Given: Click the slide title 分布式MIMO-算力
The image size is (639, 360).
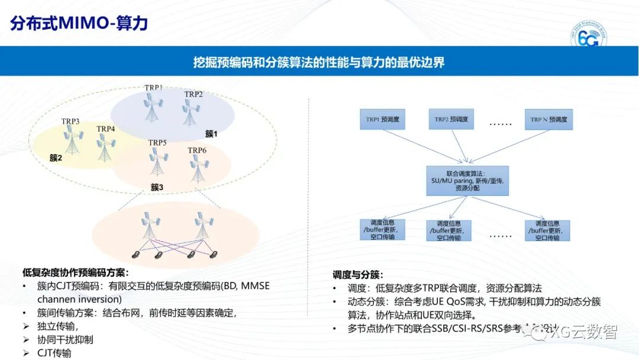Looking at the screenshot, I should point(79,23).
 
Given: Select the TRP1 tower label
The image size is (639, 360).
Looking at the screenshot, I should point(153,88).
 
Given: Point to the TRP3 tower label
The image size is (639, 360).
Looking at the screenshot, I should point(70,121).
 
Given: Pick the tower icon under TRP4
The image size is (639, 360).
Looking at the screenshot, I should point(105,147).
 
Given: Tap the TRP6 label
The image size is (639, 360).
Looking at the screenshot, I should point(197,150).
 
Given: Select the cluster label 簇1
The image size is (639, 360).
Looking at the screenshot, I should point(211,134).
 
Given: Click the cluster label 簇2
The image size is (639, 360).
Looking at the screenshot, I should point(56,158).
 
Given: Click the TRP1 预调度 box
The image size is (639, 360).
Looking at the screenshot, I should point(382,120).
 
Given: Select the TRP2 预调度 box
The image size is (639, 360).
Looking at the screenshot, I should point(451,120).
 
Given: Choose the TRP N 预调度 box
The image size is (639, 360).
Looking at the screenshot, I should point(548,120).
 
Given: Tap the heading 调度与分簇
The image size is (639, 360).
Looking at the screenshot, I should point(357,275).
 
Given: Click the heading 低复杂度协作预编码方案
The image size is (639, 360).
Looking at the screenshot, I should point(75,273).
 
